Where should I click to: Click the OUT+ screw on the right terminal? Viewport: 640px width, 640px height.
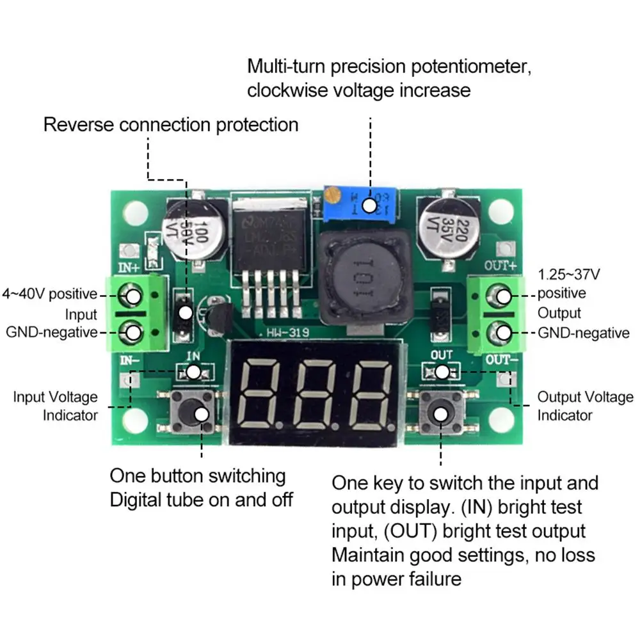(x=504, y=295)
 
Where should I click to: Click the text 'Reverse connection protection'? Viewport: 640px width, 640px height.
(x=170, y=124)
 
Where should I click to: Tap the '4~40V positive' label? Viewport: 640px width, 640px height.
(x=50, y=294)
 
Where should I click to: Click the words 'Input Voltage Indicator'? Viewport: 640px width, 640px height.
(x=56, y=406)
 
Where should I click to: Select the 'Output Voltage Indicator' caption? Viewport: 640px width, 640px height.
(x=584, y=406)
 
